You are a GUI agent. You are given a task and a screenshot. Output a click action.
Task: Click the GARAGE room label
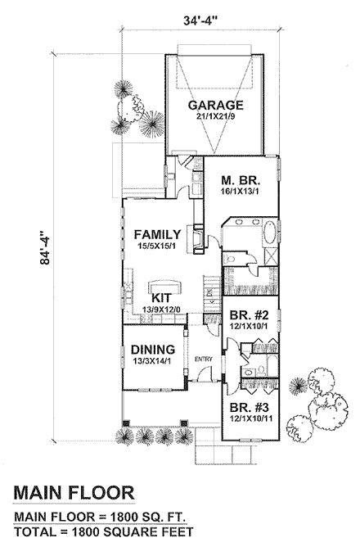217,106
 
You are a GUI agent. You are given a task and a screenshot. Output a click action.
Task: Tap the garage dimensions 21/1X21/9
217,118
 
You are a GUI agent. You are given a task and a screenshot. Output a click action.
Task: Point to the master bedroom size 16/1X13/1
241,193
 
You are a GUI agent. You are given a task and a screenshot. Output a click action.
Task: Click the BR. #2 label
249,313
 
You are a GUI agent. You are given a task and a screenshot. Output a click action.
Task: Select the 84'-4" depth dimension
52,246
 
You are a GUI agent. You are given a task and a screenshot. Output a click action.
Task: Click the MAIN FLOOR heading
74,494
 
